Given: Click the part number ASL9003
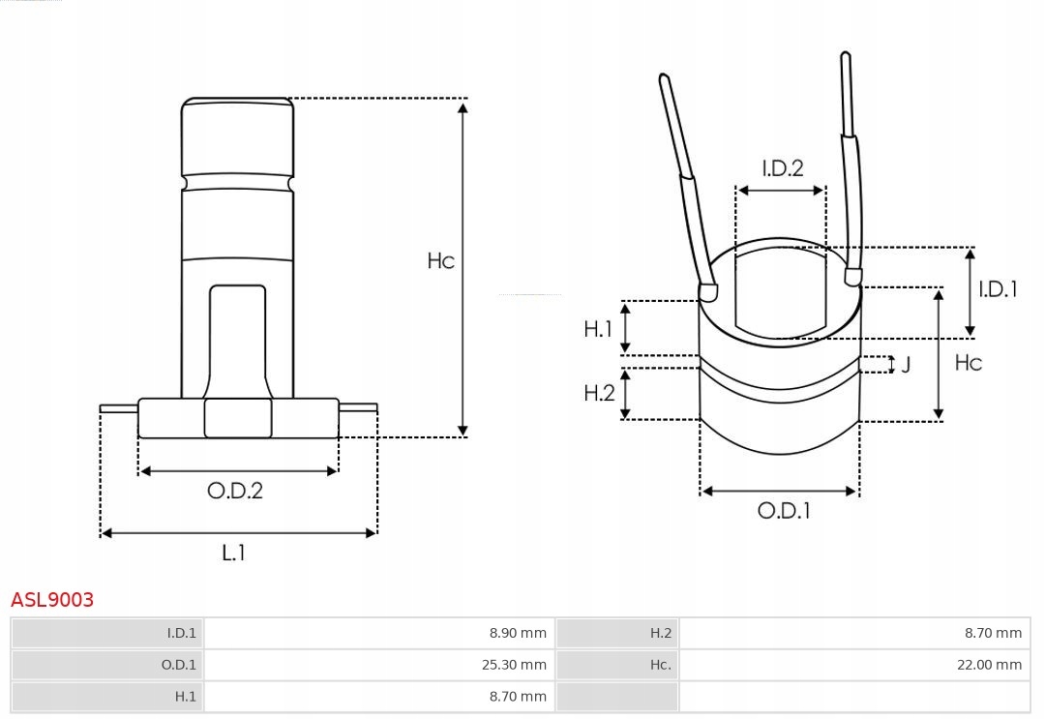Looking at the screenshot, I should pos(52,600).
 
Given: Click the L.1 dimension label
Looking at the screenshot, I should pos(233,553).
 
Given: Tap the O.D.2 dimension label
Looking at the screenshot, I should pos(235,491).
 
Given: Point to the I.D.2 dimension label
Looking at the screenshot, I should pos(782,168).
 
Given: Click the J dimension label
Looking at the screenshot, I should pos(906,365).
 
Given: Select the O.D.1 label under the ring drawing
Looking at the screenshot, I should pos(783,511).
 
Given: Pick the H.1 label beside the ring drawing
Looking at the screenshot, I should pos(598,329).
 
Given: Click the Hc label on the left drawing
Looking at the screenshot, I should pos(440,261).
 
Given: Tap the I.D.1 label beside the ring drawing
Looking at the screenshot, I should pos(997,288).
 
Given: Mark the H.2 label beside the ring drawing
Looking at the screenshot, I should pos(599,393).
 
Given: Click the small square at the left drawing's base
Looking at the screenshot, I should pos(238,418).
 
